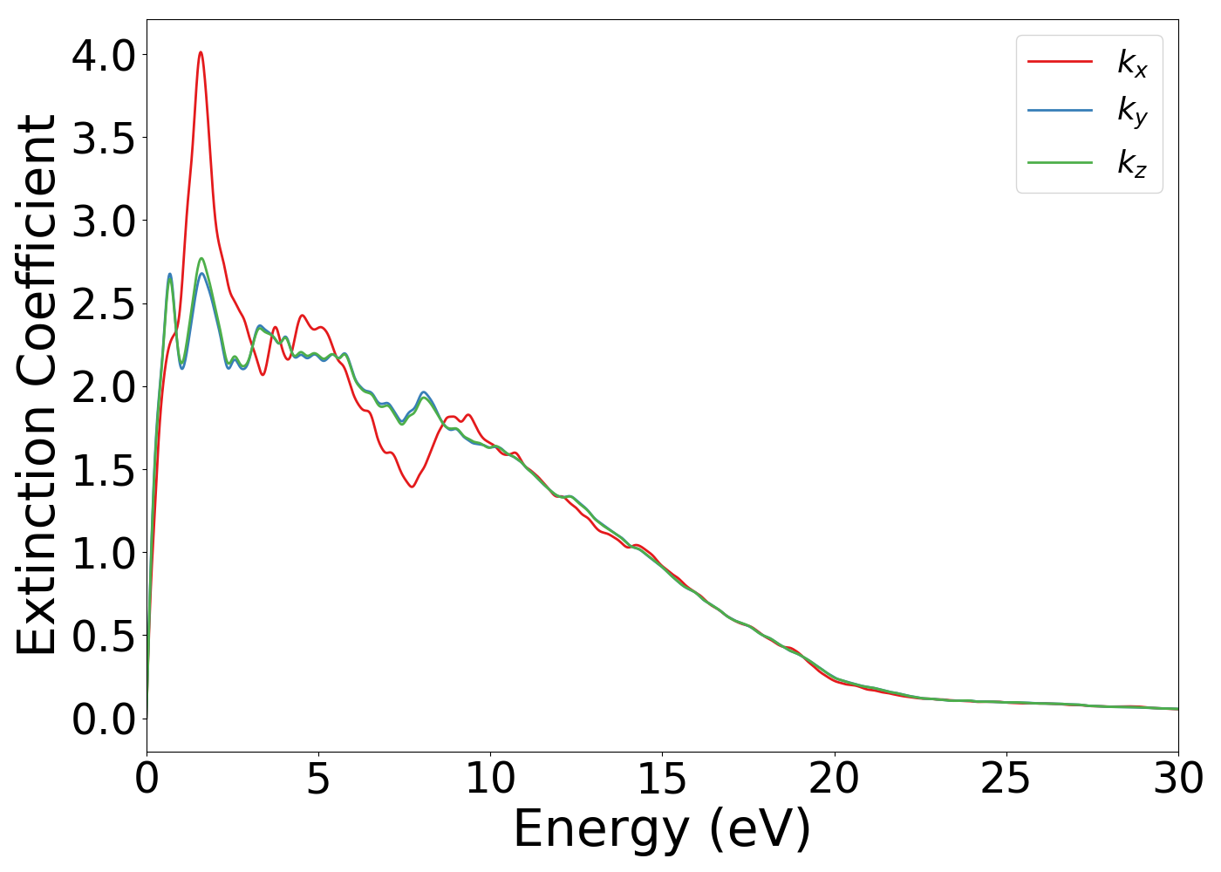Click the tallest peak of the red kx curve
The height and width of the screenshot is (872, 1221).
201,52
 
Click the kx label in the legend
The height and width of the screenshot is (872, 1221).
1132,63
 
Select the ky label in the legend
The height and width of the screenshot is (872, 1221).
1132,112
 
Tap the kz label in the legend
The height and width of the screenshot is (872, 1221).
1132,163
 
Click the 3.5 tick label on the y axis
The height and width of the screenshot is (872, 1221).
104,139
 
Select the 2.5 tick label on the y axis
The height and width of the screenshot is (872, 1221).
104,304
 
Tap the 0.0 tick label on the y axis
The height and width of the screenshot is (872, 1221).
104,719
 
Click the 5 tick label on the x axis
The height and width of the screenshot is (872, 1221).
318,779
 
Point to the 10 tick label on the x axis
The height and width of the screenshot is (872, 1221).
490,779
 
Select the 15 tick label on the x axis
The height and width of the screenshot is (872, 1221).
662,779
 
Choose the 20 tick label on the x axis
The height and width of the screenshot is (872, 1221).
834,779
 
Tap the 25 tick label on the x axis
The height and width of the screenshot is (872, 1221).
1006,779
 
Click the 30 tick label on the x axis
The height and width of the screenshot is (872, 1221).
1177,779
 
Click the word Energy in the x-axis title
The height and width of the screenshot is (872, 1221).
603,828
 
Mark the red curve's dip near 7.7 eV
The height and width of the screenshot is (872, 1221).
411,487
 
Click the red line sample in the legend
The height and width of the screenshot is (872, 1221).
1060,61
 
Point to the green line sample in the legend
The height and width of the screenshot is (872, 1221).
1060,162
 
